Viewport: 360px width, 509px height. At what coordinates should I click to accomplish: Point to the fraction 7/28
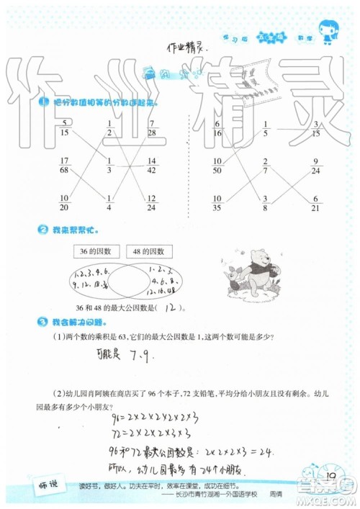click(x=152, y=128)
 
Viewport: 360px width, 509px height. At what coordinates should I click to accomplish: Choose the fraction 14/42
click(x=152, y=166)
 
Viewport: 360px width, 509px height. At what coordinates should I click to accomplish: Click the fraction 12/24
click(x=152, y=203)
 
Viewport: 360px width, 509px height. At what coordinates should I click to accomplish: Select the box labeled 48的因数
click(x=148, y=251)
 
